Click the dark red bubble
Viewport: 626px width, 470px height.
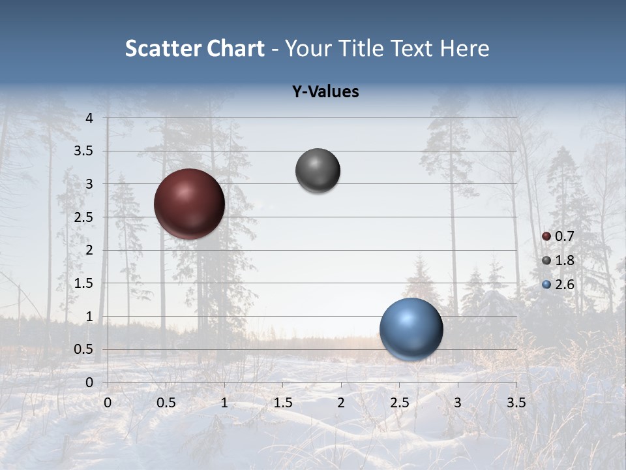pos(189,204)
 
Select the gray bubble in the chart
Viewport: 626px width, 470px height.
pos(318,171)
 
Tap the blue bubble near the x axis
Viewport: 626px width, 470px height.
pos(411,329)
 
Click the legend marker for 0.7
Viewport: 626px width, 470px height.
pos(546,236)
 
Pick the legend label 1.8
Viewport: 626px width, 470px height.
pos(564,260)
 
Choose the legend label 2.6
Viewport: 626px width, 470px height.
pos(564,285)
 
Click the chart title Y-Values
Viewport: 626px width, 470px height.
pos(325,92)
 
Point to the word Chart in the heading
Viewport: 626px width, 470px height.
pos(235,48)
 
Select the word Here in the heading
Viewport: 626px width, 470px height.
pos(464,48)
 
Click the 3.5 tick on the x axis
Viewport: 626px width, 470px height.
pos(516,403)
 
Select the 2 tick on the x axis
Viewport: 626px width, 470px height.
pos(341,403)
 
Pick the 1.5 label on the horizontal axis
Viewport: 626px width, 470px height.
pos(282,403)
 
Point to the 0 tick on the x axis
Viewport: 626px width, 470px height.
pos(108,403)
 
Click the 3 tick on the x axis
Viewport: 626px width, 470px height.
pos(458,403)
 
